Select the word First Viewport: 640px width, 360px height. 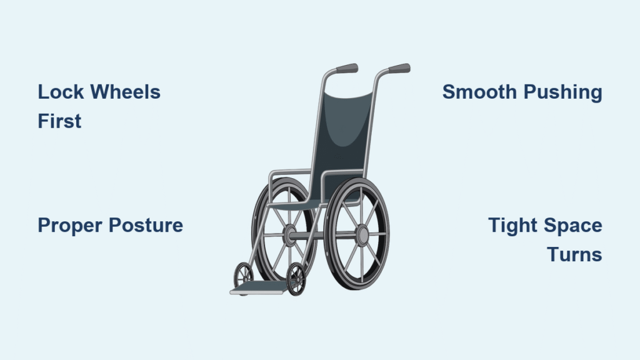pyautogui.click(x=59, y=121)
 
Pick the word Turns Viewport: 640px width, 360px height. pyautogui.click(x=575, y=255)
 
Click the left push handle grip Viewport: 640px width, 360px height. pyautogui.click(x=347, y=69)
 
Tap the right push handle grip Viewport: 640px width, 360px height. pyautogui.click(x=399, y=68)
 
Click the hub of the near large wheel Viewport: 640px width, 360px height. pyautogui.click(x=362, y=236)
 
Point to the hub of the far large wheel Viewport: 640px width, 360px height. pyautogui.click(x=290, y=235)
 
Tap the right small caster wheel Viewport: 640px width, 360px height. pyautogui.click(x=296, y=279)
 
